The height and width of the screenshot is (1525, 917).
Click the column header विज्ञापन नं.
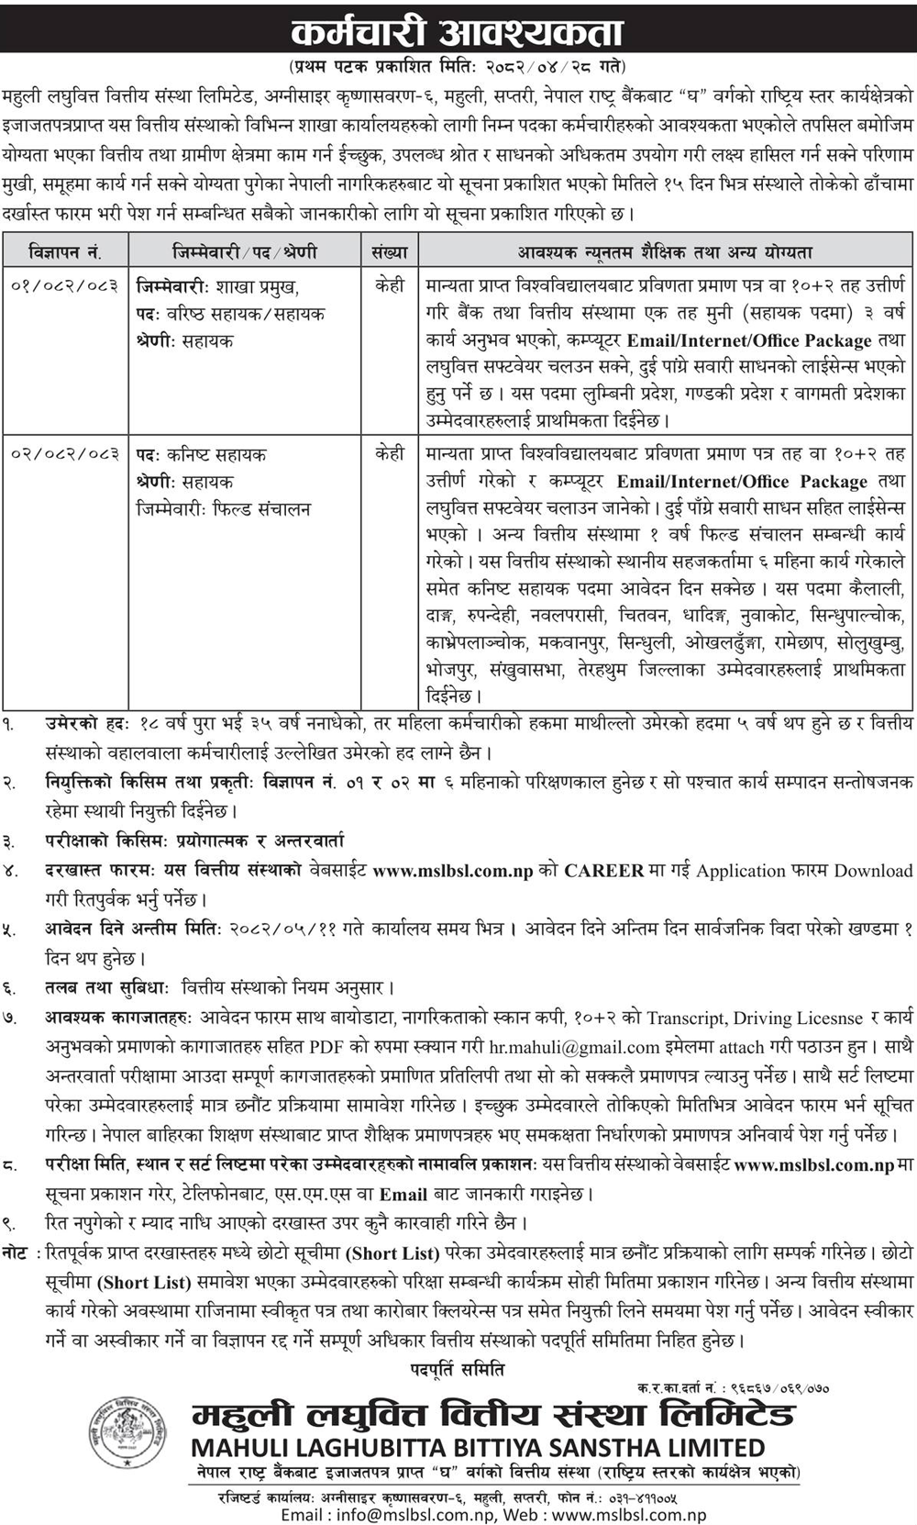click(x=65, y=251)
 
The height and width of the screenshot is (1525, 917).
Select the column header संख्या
click(x=390, y=251)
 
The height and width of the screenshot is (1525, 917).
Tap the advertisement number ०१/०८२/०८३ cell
click(x=65, y=286)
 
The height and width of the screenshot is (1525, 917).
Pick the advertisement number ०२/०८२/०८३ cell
click(x=65, y=454)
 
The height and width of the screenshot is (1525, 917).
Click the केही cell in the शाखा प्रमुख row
click(x=390, y=286)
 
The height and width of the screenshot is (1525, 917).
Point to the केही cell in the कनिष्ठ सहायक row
click(x=390, y=454)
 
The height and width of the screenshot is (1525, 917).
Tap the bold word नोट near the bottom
click(x=16, y=1252)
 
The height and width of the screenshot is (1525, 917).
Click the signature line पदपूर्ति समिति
click(x=458, y=1370)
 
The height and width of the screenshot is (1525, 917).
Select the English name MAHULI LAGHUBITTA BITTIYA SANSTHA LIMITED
click(x=477, y=1448)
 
